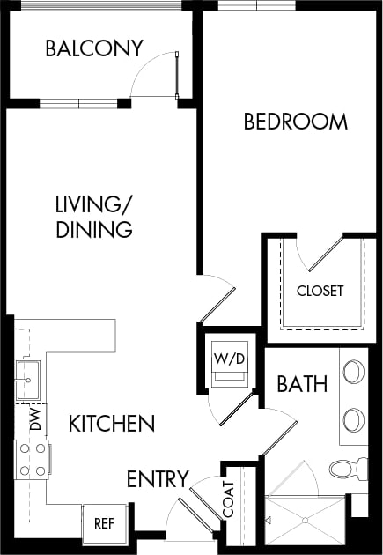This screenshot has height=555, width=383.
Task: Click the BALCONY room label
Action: click(93, 48)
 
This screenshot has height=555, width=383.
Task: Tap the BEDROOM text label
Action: click(295, 122)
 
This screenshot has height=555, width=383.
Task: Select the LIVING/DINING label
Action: click(93, 217)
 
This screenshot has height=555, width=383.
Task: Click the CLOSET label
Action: click(320, 291)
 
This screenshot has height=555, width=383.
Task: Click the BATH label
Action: click(302, 384)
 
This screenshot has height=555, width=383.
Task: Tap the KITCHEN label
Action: click(111, 424)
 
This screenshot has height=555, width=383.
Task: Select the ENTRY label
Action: click(158, 479)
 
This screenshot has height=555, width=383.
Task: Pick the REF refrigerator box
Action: click(104, 522)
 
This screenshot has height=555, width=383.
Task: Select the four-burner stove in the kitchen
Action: click(33, 460)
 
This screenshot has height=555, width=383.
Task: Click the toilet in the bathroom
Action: click(349, 468)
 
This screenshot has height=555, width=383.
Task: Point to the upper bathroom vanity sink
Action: click(354, 372)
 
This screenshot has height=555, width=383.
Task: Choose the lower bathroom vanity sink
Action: click(354, 418)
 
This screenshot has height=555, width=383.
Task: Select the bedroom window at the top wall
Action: click(257, 5)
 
